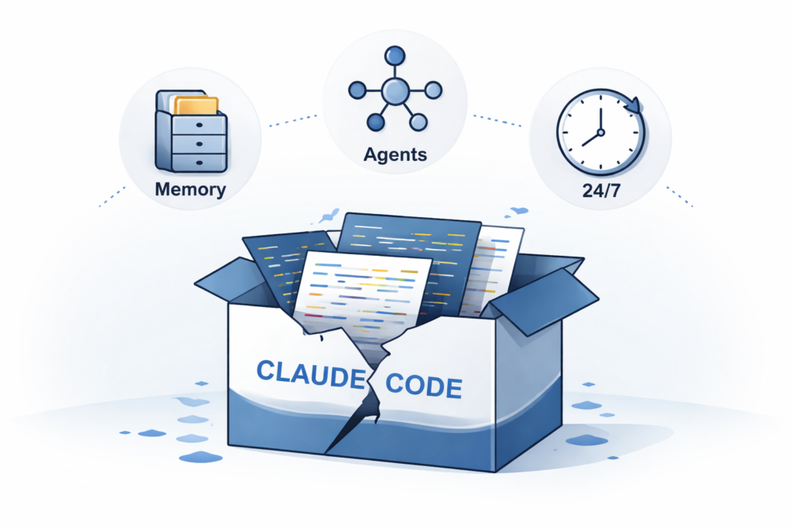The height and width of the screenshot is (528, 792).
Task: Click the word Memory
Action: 189,189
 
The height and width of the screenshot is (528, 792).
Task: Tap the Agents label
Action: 394,154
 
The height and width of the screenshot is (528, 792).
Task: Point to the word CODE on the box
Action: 423,383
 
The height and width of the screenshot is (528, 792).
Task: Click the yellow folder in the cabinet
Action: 196,105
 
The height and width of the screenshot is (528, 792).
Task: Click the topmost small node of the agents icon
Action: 394,55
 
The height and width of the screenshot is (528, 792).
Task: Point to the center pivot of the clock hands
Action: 600,132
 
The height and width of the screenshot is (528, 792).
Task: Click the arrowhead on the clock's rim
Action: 633,104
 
